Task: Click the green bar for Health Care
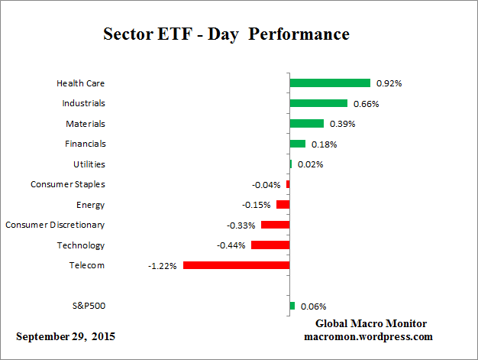tap(330, 83)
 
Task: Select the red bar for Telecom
tap(236, 265)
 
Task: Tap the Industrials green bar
tap(318, 103)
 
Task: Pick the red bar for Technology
tap(270, 245)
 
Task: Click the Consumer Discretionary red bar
tap(275, 225)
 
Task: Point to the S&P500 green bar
tap(292, 306)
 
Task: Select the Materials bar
tap(306, 123)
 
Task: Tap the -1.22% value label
tap(163, 266)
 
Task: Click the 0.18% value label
tap(322, 144)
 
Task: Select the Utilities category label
tap(89, 164)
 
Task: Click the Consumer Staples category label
tap(68, 184)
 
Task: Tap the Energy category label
tap(91, 205)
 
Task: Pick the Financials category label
tap(85, 144)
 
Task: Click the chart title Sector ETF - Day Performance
tap(225, 34)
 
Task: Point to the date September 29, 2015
tap(66, 336)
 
